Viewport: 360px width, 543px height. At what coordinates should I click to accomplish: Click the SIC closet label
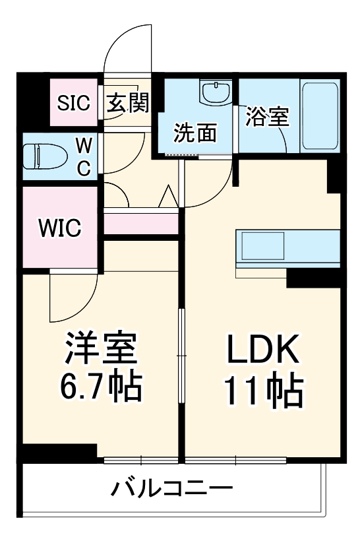pyautogui.click(x=74, y=102)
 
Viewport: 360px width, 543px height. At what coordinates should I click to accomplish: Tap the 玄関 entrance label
pyautogui.click(x=128, y=102)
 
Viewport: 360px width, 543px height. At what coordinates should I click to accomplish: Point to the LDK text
pyautogui.click(x=264, y=350)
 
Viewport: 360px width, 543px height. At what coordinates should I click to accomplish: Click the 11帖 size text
pyautogui.click(x=264, y=392)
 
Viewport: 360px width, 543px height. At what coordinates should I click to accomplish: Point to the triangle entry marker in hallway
pyautogui.click(x=167, y=197)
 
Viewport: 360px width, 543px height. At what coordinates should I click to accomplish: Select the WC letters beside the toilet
pyautogui.click(x=84, y=156)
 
